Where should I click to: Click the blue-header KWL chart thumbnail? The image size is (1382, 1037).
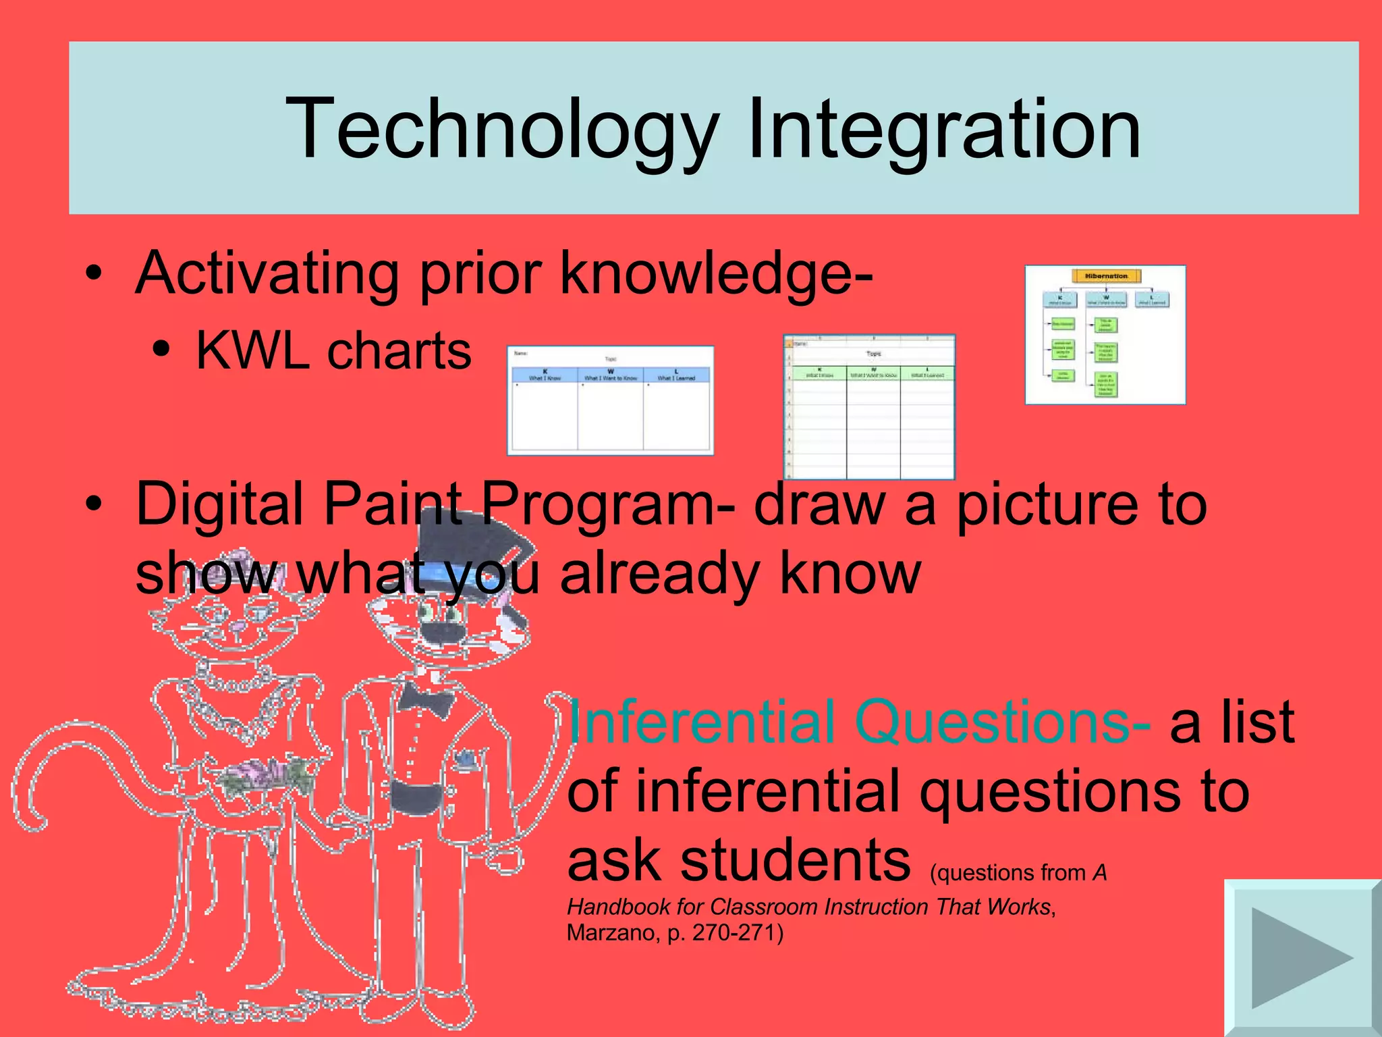coord(610,400)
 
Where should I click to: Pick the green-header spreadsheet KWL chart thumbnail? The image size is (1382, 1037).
coord(869,407)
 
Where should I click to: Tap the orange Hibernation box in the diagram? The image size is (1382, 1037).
coord(1106,275)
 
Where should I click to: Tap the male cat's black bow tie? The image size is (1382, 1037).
coord(425,699)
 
